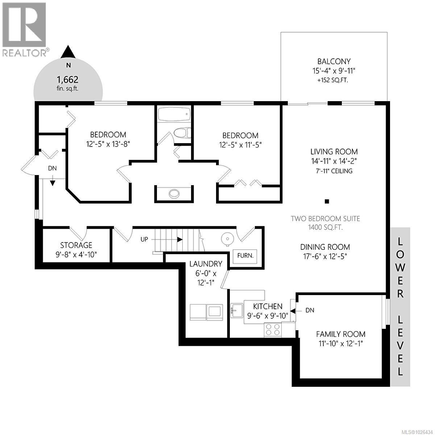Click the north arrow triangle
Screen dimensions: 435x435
(68, 53)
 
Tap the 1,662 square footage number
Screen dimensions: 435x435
(67, 79)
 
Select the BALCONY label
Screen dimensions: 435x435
(334, 62)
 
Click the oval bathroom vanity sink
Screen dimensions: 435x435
(174, 194)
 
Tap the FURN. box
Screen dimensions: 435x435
(245, 255)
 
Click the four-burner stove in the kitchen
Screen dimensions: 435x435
(273, 329)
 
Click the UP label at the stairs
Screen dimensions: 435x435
(144, 240)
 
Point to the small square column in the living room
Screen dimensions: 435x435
(327, 201)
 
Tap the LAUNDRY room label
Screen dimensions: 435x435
(206, 264)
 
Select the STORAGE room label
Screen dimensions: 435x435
(76, 245)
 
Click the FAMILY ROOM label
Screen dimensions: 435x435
(340, 334)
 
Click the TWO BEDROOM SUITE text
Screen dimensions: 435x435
(326, 219)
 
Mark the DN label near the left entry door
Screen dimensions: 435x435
(52, 169)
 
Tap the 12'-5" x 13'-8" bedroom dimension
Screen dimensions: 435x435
(108, 144)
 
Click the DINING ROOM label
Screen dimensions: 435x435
(325, 247)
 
